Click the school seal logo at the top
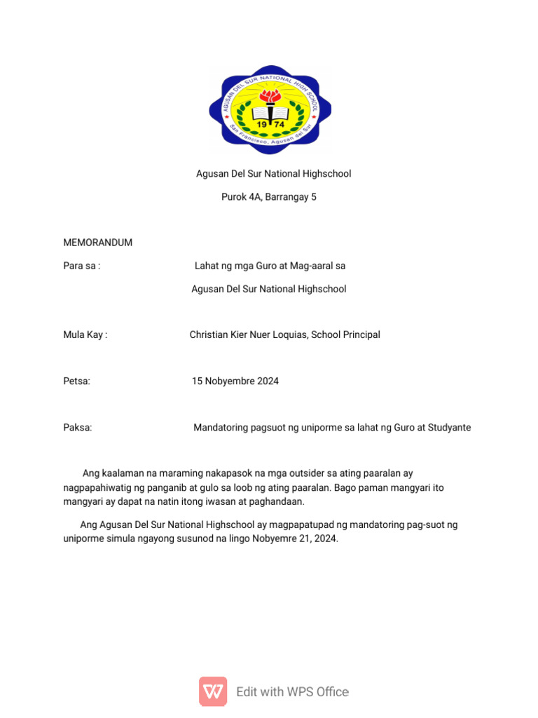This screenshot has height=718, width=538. tap(270, 109)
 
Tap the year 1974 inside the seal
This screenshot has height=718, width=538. tap(270, 125)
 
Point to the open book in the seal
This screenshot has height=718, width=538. tap(270, 112)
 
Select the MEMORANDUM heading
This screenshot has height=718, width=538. tap(97, 243)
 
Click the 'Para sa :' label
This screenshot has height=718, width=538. tap(82, 266)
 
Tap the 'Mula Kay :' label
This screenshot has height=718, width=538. tap(85, 334)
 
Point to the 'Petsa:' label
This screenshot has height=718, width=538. tap(77, 381)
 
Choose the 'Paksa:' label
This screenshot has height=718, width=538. tap(78, 427)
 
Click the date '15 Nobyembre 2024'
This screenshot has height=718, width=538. tap(235, 381)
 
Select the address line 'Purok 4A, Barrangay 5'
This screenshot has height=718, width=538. tap(269, 197)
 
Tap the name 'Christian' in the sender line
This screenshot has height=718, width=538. tap(209, 334)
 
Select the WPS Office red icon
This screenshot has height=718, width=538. tap(213, 691)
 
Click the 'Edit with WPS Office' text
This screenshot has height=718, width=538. tap(292, 691)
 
